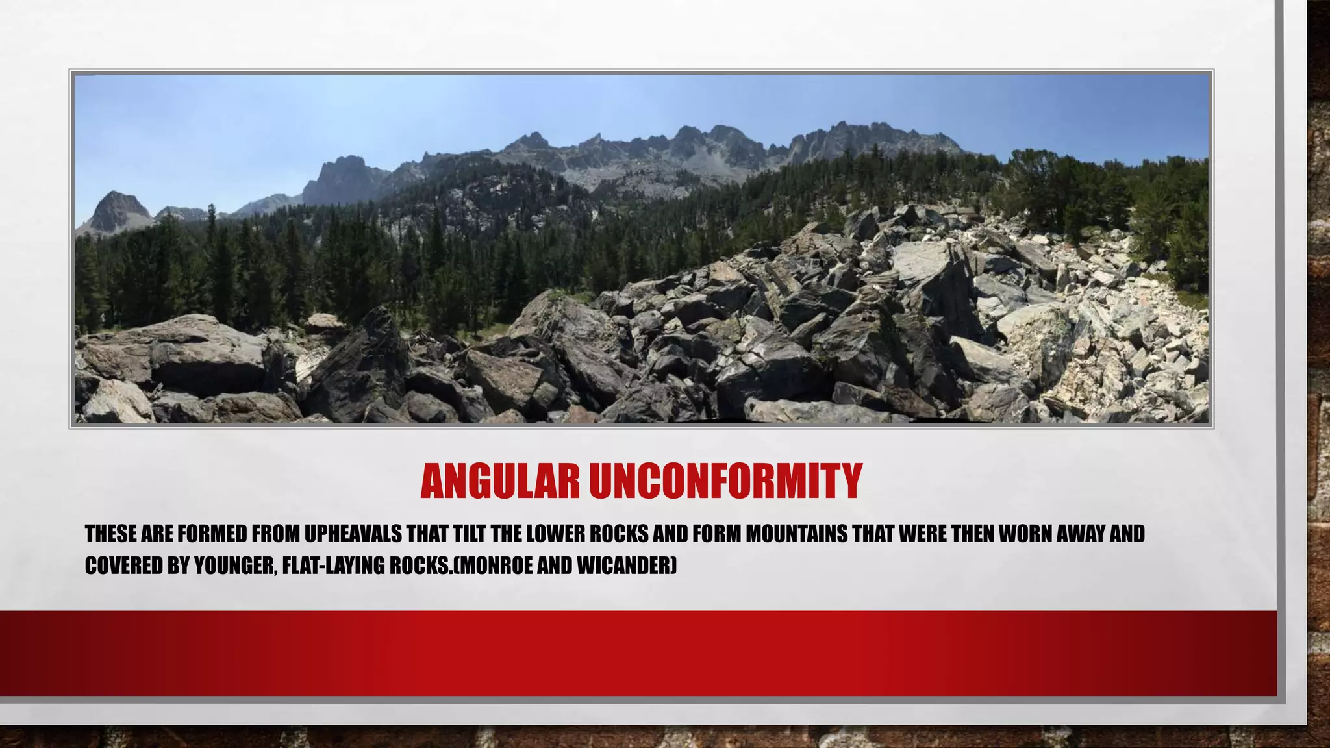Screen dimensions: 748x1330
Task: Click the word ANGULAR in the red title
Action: click(499, 481)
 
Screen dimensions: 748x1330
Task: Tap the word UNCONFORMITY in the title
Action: click(725, 481)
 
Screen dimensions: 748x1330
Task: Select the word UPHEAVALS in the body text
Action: click(353, 534)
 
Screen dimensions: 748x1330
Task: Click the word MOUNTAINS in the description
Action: click(797, 534)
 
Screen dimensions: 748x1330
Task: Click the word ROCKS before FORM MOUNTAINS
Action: click(618, 534)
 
